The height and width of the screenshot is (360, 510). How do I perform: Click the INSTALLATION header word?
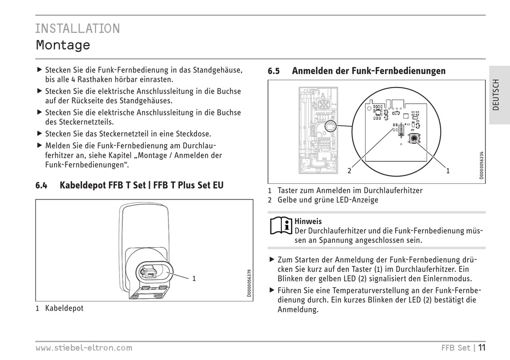point(78,28)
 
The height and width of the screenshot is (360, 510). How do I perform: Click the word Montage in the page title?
point(63,45)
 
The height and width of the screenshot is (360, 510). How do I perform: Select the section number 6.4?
point(41,186)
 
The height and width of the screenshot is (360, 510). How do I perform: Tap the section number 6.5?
point(274,71)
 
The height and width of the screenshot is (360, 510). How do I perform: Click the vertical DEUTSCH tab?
point(496,95)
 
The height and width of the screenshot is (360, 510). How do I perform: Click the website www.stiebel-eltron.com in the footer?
point(84,348)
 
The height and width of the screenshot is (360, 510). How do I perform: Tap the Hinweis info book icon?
point(280,226)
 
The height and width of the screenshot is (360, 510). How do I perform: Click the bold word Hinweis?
point(308,221)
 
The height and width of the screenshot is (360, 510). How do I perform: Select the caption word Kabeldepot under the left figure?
point(64,308)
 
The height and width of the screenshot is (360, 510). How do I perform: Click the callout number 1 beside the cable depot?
point(194,278)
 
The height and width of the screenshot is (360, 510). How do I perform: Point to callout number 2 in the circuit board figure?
point(349,171)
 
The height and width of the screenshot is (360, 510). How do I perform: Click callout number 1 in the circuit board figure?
point(447,171)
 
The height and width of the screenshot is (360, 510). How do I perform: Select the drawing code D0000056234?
point(482,164)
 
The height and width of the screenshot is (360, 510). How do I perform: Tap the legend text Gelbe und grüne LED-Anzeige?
point(327,200)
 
